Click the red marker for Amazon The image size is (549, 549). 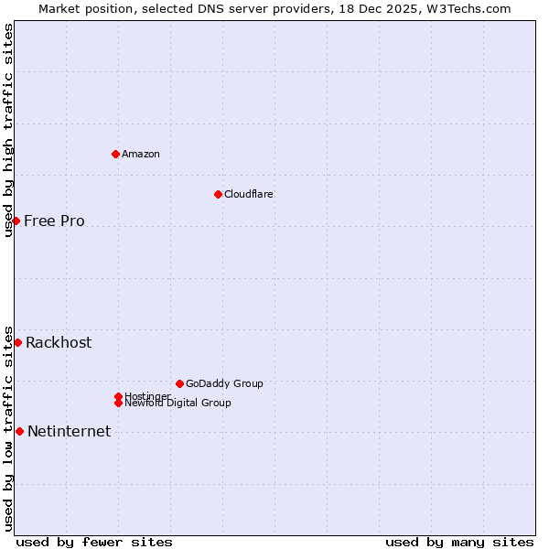pyautogui.click(x=115, y=154)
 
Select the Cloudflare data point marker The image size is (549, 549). pyautogui.click(x=218, y=194)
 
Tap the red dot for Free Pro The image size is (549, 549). pyautogui.click(x=16, y=221)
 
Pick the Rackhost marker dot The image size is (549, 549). pyautogui.click(x=17, y=342)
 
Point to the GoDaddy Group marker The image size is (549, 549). pyautogui.click(x=179, y=383)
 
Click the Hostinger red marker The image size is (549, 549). pyautogui.click(x=118, y=396)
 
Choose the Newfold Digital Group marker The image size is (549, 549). pyautogui.click(x=118, y=403)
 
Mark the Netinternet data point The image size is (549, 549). pyautogui.click(x=19, y=431)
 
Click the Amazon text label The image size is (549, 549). pyautogui.click(x=141, y=154)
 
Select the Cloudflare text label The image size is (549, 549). pyautogui.click(x=249, y=194)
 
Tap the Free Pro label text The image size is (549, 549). pyautogui.click(x=54, y=221)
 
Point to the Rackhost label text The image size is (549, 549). pyautogui.click(x=59, y=342)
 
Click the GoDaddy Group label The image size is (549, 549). pyautogui.click(x=224, y=383)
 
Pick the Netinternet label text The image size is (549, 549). pyautogui.click(x=69, y=431)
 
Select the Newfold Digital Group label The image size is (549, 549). pyautogui.click(x=178, y=404)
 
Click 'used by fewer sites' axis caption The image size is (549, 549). pyautogui.click(x=94, y=542)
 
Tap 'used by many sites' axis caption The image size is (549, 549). pyautogui.click(x=459, y=542)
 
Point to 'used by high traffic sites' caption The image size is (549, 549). pyautogui.click(x=8, y=130)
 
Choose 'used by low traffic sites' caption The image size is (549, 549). pyautogui.click(x=8, y=427)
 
